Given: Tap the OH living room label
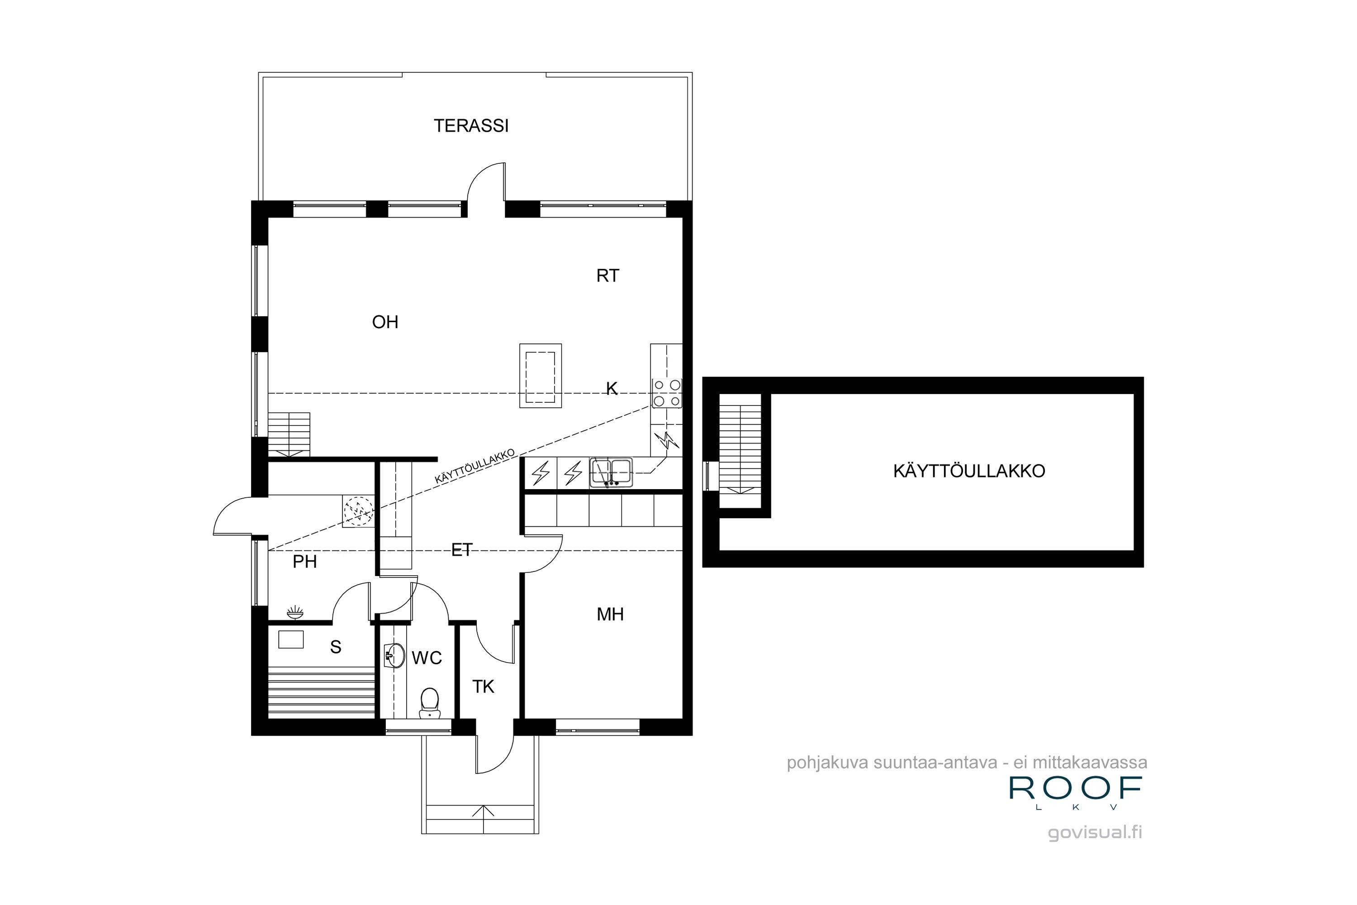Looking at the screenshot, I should click(x=385, y=322).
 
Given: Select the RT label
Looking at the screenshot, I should click(x=607, y=276).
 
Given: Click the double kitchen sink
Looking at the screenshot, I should click(x=611, y=472).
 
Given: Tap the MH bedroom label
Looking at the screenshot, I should click(x=610, y=614).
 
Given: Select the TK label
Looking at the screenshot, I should click(x=483, y=687).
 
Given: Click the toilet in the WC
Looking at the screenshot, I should click(x=429, y=702).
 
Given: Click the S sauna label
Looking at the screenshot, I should click(x=335, y=647).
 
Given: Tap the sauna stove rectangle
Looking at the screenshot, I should click(x=291, y=639).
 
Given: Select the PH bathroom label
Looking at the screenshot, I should click(x=304, y=562).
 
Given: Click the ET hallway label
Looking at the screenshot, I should click(x=461, y=550).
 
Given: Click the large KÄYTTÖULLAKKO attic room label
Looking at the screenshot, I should click(x=969, y=471).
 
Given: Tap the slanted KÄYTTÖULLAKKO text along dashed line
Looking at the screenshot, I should click(x=474, y=467).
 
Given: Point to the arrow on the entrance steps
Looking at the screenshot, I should click(x=483, y=810).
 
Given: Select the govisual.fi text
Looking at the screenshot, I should click(x=1095, y=832).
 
